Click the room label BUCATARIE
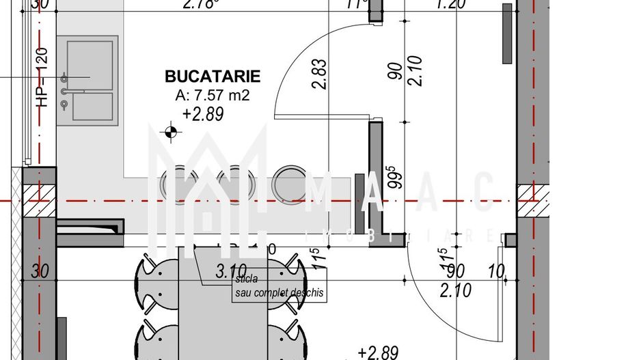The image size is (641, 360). click(x=213, y=77)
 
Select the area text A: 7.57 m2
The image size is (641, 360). click(x=213, y=96)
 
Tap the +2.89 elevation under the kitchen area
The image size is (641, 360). click(x=203, y=114)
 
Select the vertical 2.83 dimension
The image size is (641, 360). click(x=318, y=74)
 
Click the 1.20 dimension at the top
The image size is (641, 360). click(x=450, y=5)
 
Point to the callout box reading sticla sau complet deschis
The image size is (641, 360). click(x=279, y=286)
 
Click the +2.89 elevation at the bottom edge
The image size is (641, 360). click(x=378, y=352)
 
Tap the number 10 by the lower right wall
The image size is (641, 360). click(x=497, y=272)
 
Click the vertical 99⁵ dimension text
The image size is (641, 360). click(x=392, y=178)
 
